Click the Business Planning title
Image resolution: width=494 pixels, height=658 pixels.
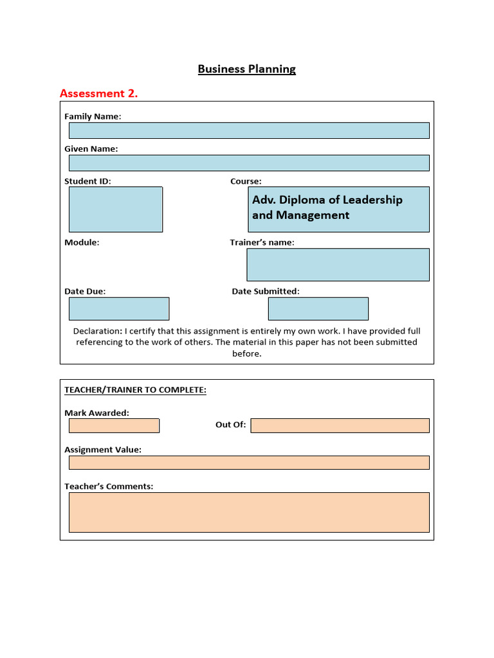pos(246,69)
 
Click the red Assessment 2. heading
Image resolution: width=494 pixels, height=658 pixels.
pos(98,93)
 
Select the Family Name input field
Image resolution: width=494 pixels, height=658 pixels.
pos(249,130)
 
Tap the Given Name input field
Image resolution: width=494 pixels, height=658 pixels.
pos(249,163)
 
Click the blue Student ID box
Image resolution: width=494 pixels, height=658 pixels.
pos(116,209)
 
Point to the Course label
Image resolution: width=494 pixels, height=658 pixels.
pos(246,181)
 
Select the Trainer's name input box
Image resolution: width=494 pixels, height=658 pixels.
pos(338,265)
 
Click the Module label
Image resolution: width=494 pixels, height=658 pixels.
pos(82,242)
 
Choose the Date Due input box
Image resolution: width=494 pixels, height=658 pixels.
pos(119,308)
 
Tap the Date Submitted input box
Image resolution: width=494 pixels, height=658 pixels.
pos(318,308)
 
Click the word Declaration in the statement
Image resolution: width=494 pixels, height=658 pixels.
pos(96,331)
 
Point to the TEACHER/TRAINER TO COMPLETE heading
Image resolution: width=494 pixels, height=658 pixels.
pos(135,390)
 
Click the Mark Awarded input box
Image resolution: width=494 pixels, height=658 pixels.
pos(114,425)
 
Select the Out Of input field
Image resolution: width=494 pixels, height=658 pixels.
pos(340,425)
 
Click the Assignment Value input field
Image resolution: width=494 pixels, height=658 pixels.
pos(249,463)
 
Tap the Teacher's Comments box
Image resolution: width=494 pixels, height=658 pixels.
pos(249,512)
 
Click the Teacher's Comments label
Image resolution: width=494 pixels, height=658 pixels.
pos(109,486)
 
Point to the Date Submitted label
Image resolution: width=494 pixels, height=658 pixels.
pos(265,291)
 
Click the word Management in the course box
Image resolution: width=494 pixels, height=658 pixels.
pos(313,215)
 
